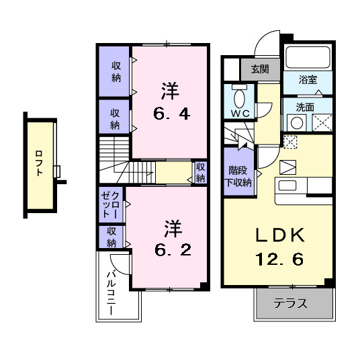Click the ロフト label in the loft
[x=40, y=162]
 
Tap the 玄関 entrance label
[x=260, y=69]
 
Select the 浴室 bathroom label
[x=310, y=79]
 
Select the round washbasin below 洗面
[x=296, y=123]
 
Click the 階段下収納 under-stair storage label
[x=238, y=176]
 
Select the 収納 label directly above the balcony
[x=111, y=237]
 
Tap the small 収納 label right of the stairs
[x=200, y=173]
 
